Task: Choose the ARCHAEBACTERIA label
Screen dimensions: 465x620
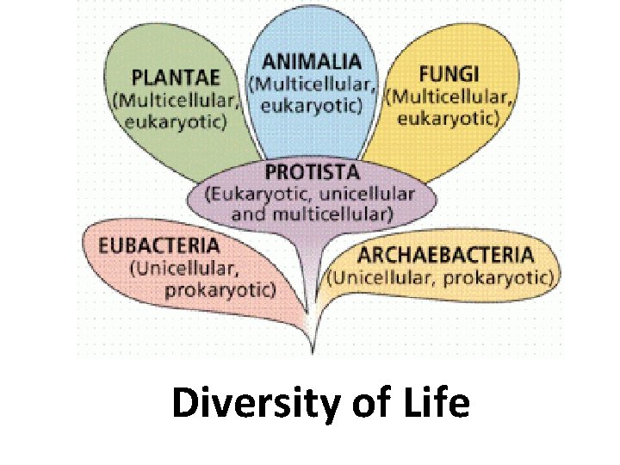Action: tap(445, 255)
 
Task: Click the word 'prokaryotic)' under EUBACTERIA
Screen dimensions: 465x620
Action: tap(220, 288)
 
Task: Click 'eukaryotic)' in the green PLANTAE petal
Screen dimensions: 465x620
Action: tap(176, 121)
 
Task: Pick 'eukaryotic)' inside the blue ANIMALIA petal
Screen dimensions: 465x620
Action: tap(312, 104)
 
